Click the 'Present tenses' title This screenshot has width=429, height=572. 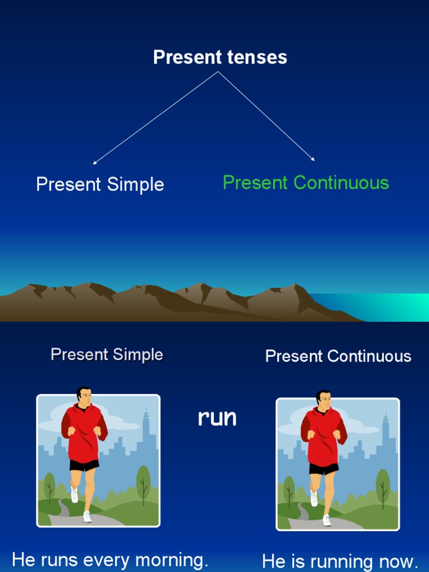[220, 57]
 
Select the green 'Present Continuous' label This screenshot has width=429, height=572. [306, 183]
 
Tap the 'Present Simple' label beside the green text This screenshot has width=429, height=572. [100, 184]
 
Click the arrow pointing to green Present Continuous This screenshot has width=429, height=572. [268, 117]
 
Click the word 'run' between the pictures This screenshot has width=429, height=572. [217, 418]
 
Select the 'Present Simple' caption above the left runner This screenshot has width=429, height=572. [107, 355]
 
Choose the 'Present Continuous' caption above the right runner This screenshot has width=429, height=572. [338, 356]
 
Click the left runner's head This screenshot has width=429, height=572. [84, 397]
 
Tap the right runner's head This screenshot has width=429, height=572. [324, 400]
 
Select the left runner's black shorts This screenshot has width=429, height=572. [84, 465]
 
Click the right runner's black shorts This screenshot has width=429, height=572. [323, 469]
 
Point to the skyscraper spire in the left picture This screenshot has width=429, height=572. [146, 416]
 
